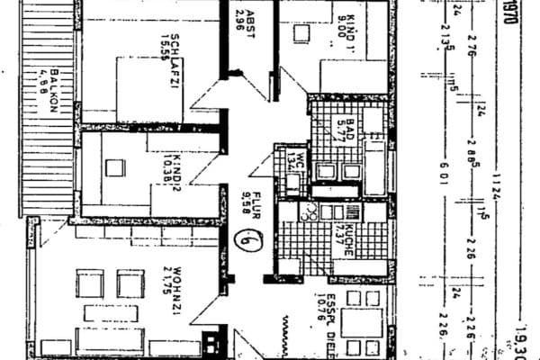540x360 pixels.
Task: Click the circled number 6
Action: (x=242, y=240)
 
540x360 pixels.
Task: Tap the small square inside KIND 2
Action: (x=113, y=167)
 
